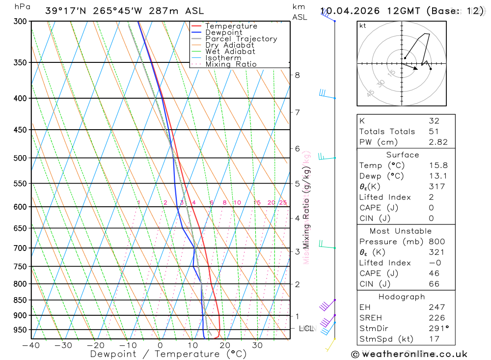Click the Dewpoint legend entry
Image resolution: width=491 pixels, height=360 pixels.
pos(224,32)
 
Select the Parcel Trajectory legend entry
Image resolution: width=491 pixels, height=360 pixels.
pos(241,39)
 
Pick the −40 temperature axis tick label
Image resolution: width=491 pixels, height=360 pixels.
pos(31,345)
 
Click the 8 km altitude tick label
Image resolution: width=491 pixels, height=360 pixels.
pos(297,75)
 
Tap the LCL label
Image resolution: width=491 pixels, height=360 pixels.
pos(306,328)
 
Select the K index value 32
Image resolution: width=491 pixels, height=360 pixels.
pos(434,121)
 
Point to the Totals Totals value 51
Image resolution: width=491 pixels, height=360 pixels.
pos(434,132)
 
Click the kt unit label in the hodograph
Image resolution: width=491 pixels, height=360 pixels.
pos(363,26)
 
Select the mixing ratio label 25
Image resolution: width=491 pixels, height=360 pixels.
pos(283,202)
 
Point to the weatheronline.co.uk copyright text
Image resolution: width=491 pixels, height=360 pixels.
pos(409,354)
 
